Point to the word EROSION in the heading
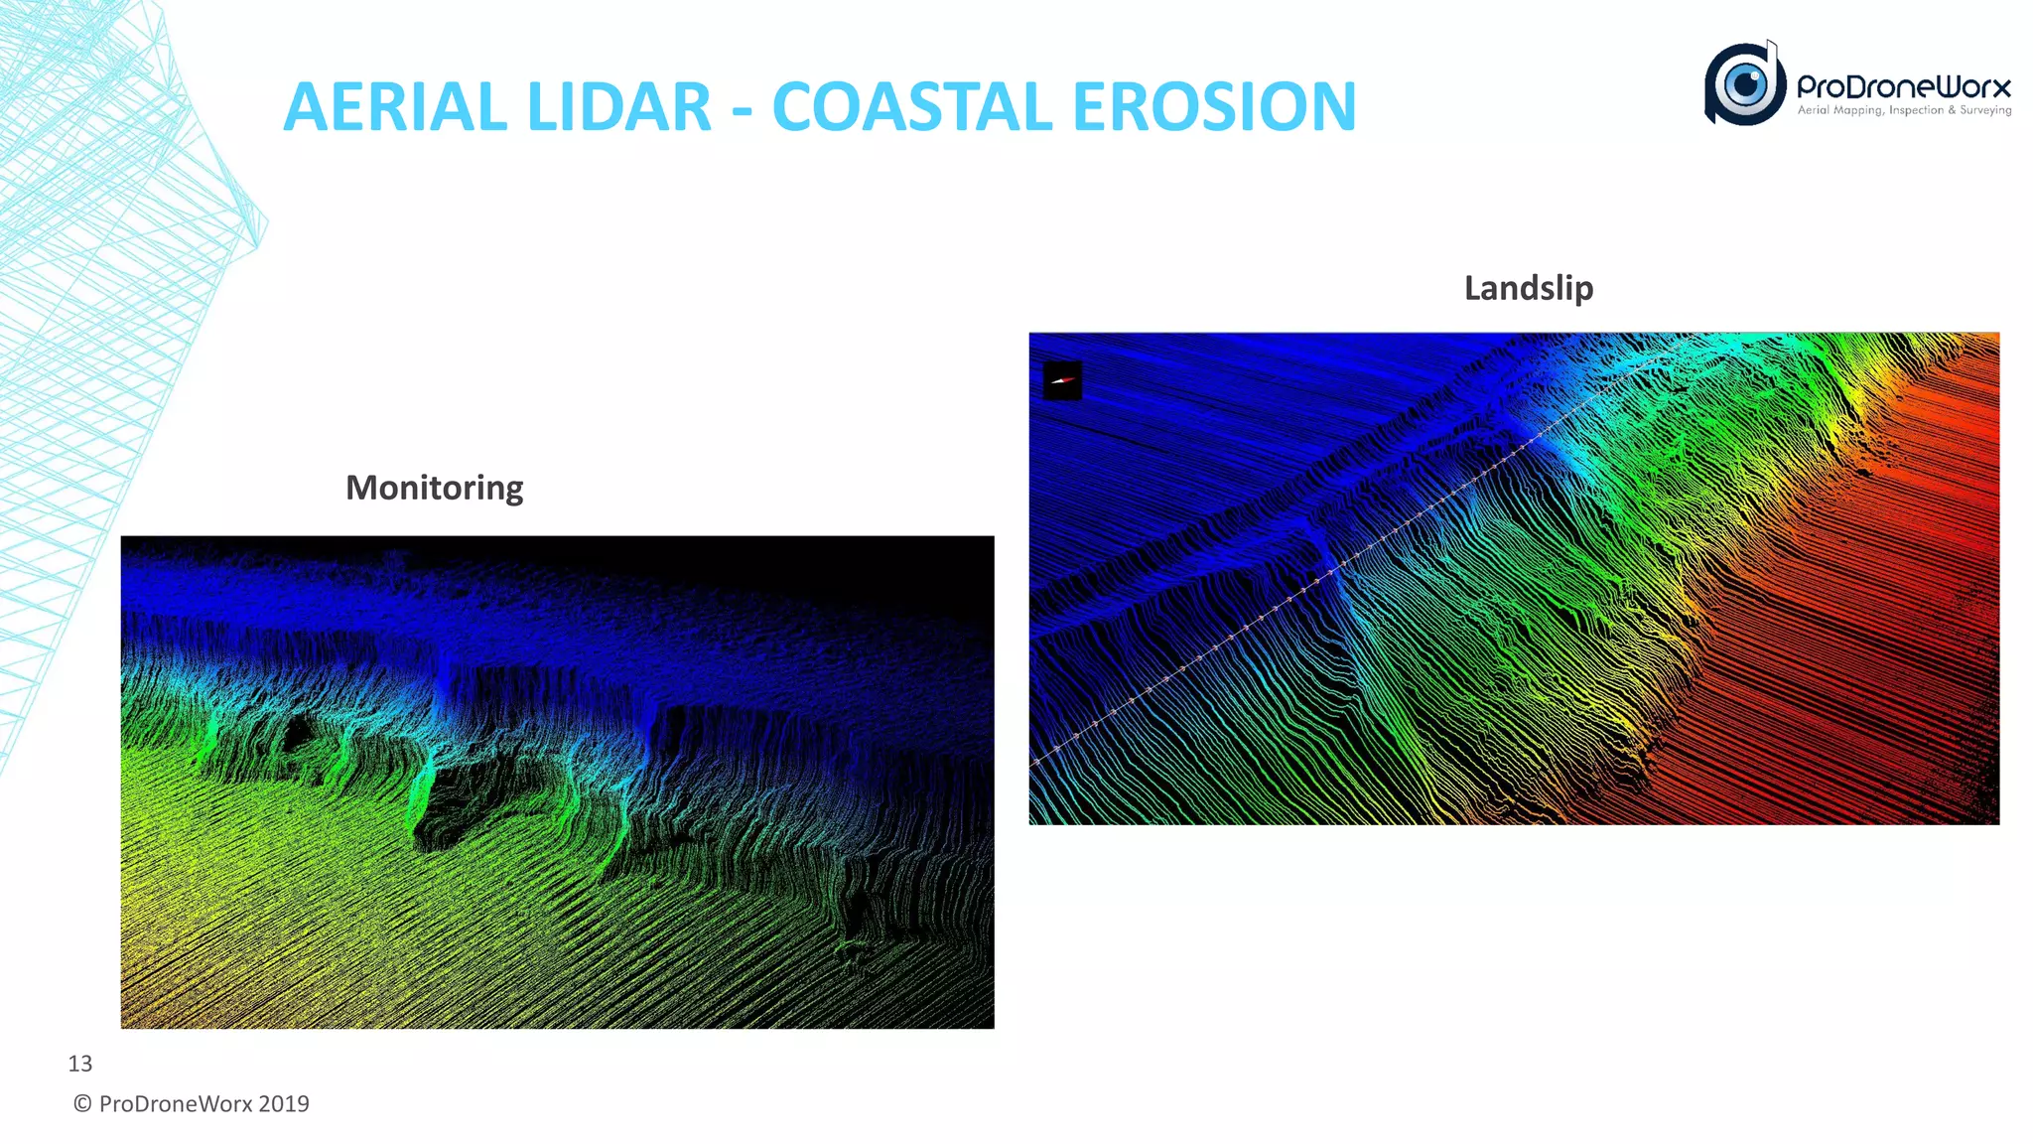tap(1214, 107)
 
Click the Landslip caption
tap(1529, 288)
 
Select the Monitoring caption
tap(434, 488)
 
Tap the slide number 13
tap(79, 1064)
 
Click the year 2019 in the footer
tap(284, 1104)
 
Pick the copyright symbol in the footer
tap(83, 1104)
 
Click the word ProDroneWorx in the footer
tap(176, 1104)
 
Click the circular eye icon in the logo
tap(1745, 84)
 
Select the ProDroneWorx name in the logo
tap(1903, 86)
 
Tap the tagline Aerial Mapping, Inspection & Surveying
tap(1904, 110)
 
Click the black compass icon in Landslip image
tap(1062, 380)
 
